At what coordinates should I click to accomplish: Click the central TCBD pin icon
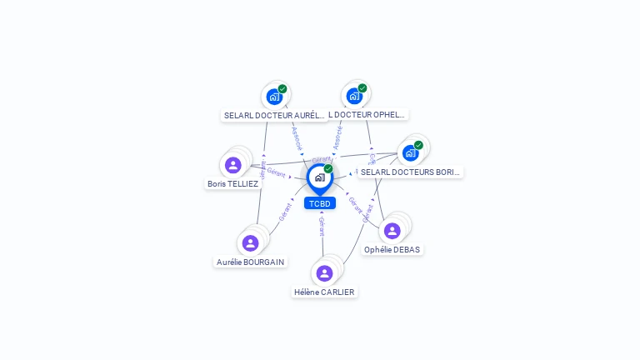point(319,177)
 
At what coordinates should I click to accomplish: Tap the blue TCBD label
point(320,203)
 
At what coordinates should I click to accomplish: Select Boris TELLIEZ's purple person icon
point(233,165)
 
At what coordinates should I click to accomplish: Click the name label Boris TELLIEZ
point(232,183)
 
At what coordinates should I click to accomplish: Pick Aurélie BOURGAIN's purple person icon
point(250,243)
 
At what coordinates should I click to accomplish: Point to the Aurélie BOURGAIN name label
point(250,262)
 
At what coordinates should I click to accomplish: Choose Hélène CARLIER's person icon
point(324,273)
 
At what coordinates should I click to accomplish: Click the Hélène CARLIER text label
point(324,292)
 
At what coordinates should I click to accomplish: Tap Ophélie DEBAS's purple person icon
point(392,231)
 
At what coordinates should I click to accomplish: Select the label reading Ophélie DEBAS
point(392,249)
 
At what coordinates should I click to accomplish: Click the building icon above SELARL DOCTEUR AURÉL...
point(274,97)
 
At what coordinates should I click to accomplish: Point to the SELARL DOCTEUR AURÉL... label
point(274,115)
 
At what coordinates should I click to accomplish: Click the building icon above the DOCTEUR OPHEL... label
point(355,96)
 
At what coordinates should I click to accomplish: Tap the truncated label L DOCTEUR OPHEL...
point(367,114)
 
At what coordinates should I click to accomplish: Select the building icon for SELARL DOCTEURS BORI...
point(410,152)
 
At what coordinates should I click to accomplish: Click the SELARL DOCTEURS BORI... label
point(410,172)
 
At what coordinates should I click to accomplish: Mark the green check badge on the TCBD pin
point(328,168)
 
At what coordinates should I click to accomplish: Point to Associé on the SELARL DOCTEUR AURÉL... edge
point(297,137)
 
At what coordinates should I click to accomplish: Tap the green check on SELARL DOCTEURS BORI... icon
point(418,145)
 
